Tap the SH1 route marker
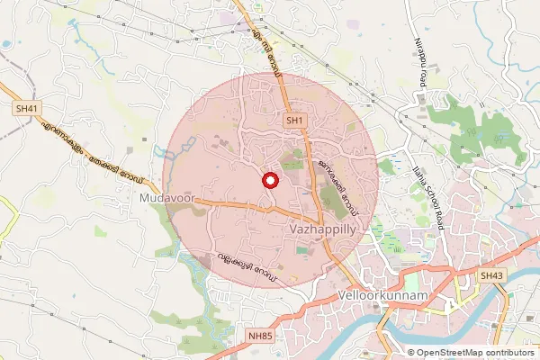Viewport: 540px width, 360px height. (x=295, y=119)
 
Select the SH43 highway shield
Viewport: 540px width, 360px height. (x=491, y=275)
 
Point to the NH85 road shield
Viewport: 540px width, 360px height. (x=260, y=336)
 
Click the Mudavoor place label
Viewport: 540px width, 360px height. (x=166, y=195)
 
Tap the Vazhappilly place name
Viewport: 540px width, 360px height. (x=327, y=230)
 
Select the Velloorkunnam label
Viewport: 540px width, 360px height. (x=377, y=295)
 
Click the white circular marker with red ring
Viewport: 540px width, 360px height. (x=268, y=180)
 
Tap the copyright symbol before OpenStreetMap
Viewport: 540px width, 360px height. (x=412, y=352)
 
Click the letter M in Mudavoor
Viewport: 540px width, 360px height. (x=144, y=195)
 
